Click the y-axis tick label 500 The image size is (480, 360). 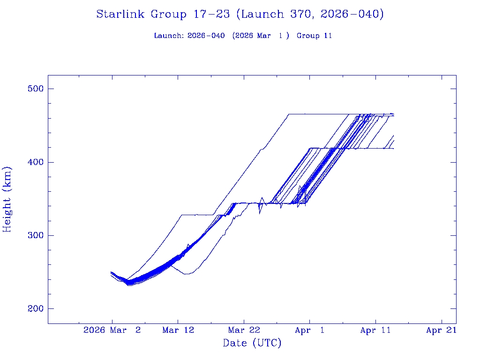tap(34, 89)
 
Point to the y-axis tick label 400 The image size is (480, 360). tap(34, 162)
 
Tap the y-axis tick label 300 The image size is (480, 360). tap(34, 235)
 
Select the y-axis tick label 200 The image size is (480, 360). tap(34, 308)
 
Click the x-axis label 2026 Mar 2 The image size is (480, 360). tap(112, 330)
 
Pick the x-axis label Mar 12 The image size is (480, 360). tap(178, 330)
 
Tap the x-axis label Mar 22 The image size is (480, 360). tap(244, 330)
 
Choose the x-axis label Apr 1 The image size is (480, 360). tap(309, 330)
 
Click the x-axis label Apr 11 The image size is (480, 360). tap(375, 330)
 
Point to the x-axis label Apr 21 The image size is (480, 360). tap(441, 330)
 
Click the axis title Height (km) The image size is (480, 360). tap(7, 199)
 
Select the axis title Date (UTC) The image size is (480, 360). tap(252, 344)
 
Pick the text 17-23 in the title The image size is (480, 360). tap(211, 15)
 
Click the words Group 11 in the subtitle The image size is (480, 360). tap(314, 36)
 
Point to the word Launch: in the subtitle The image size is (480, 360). tap(169, 36)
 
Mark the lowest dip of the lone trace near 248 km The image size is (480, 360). tap(187, 274)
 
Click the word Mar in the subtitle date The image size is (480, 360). tap(264, 36)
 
